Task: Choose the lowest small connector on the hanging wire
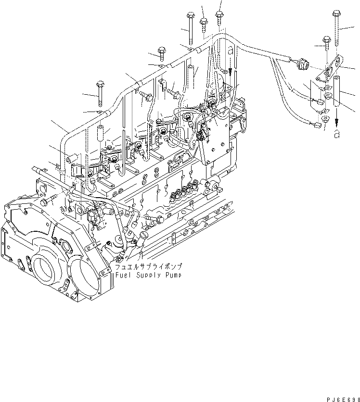[317, 126]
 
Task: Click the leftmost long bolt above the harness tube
[100, 92]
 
